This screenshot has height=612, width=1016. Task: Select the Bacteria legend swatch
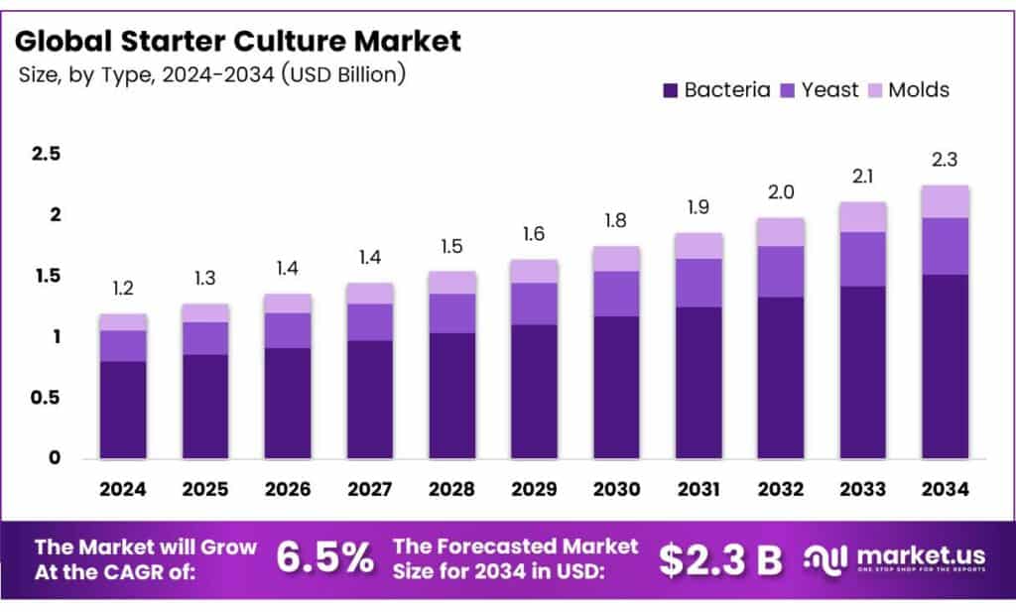(x=670, y=90)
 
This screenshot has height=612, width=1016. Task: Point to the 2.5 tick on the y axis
(x=46, y=154)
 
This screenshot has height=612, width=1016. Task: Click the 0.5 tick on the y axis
(x=46, y=398)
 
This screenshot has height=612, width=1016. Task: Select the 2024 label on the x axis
(x=123, y=489)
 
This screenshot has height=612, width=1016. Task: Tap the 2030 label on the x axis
(x=616, y=489)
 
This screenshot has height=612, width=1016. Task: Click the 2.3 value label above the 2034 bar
(x=945, y=160)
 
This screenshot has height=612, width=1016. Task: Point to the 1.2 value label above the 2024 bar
(x=123, y=289)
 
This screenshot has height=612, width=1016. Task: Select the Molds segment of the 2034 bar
(x=945, y=201)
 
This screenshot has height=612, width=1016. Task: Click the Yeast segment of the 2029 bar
(x=534, y=304)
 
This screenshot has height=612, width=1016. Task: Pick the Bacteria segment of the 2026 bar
(x=288, y=403)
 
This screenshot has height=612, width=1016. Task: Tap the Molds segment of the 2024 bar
(x=123, y=322)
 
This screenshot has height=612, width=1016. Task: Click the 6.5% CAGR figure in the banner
(x=324, y=558)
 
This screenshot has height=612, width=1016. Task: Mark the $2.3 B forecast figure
(x=721, y=559)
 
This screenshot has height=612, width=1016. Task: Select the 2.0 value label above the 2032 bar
(x=781, y=192)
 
